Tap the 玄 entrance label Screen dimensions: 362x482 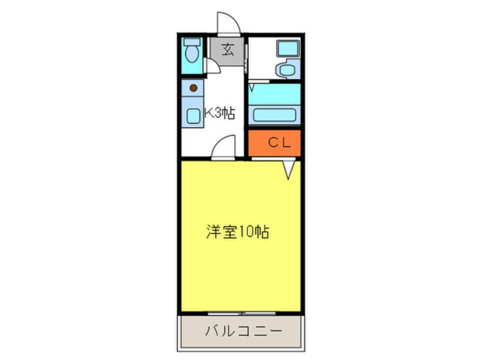[227, 50]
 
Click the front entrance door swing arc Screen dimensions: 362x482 [228, 23]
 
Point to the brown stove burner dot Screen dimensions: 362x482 [193, 88]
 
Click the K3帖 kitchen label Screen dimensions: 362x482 [220, 113]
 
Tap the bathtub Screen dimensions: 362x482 [275, 114]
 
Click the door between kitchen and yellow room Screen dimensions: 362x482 [223, 147]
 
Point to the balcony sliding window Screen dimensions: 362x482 [243, 313]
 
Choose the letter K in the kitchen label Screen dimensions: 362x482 [208, 113]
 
